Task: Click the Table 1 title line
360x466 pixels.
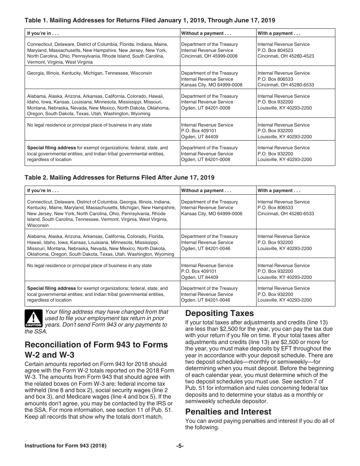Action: (150, 20)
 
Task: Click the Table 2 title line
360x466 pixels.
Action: (119, 177)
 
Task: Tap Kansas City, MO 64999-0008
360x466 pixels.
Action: (211, 85)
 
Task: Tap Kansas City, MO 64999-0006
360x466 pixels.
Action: (211, 214)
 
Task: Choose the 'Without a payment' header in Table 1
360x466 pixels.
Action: (206, 33)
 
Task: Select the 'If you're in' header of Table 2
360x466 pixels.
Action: (43, 191)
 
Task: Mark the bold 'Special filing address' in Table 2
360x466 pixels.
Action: (51, 288)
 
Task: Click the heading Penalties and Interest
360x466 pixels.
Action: (228, 411)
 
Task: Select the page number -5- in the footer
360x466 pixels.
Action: (180, 446)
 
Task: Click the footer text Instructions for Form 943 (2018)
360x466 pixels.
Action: (66, 446)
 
